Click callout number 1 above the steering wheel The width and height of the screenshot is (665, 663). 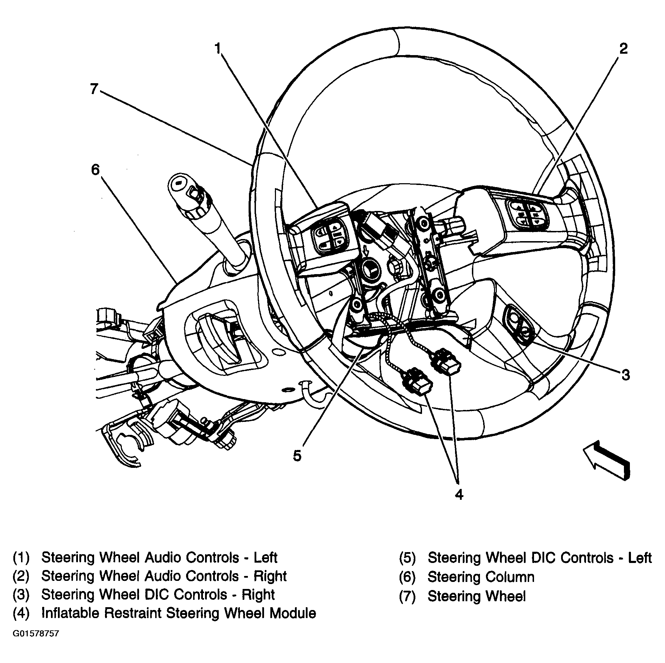(218, 48)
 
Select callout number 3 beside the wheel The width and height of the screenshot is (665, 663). (625, 375)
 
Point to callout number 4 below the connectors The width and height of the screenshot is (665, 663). (459, 494)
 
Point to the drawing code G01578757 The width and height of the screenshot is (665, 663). (36, 644)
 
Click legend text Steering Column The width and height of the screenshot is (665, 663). (481, 577)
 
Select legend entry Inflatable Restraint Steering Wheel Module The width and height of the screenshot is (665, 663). (178, 613)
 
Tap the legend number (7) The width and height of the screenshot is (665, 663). (407, 596)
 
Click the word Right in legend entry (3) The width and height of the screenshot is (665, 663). (258, 595)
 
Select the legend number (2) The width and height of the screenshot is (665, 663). (21, 576)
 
